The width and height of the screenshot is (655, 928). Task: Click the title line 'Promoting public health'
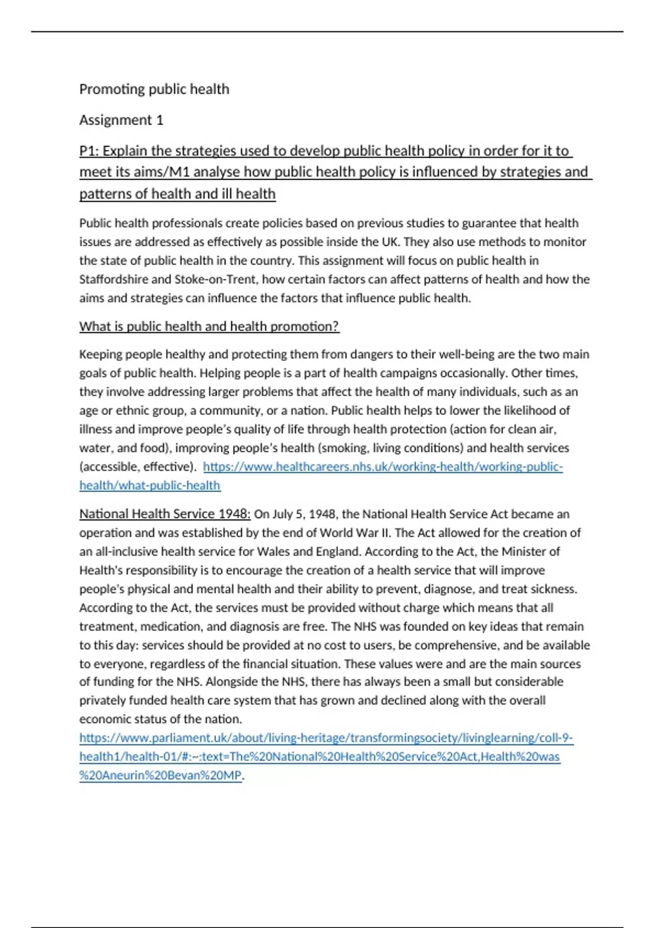154,89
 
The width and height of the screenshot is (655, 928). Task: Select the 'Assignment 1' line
121,120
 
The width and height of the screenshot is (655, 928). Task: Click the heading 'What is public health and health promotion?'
209,326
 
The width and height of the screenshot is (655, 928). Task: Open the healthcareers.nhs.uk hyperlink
382,467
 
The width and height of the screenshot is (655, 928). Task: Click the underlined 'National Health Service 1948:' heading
165,514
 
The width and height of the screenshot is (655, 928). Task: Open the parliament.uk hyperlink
326,738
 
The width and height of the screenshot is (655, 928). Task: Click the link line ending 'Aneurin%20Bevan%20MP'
160,775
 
